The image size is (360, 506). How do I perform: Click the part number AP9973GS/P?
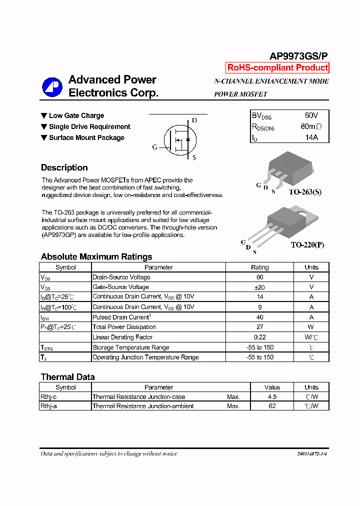(299, 56)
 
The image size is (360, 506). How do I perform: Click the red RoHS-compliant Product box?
(277, 68)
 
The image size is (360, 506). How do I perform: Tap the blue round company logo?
(52, 87)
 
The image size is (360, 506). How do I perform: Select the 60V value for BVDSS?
(311, 115)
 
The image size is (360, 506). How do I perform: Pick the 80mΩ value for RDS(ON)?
(311, 127)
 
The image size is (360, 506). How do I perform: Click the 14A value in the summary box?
(311, 137)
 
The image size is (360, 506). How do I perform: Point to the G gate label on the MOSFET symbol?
(154, 147)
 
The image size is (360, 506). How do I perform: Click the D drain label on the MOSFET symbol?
(194, 120)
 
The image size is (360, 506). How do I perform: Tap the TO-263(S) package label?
(305, 192)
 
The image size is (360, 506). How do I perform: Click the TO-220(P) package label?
(307, 245)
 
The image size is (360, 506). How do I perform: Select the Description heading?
(64, 168)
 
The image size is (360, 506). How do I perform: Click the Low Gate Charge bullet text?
(76, 115)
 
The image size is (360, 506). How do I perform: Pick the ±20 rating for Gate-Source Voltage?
(259, 287)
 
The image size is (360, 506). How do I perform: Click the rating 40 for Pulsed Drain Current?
(259, 317)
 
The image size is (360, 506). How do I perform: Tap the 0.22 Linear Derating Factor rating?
(259, 337)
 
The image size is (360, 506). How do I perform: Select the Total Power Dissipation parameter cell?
(124, 327)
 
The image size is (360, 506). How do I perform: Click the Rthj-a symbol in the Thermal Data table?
(48, 406)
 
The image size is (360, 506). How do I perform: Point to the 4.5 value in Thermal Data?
(272, 396)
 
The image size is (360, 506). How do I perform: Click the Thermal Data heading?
(67, 377)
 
